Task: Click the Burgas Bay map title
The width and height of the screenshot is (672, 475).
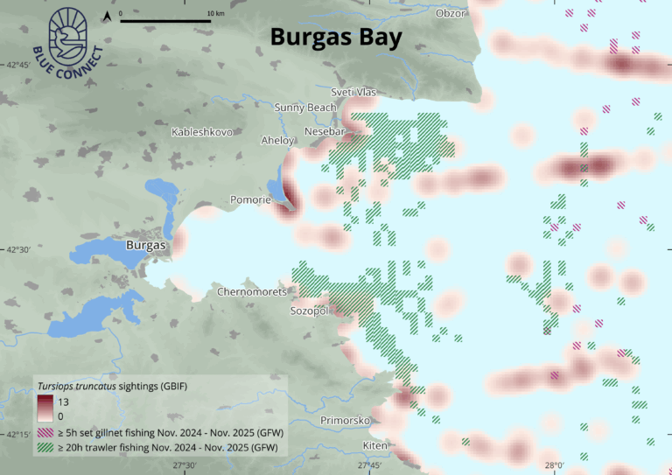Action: [x=335, y=38]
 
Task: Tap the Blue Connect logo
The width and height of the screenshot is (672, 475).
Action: [x=66, y=39]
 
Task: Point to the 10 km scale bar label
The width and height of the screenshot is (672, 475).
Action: [x=215, y=14]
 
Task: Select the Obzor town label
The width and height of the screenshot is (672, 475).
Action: [x=452, y=13]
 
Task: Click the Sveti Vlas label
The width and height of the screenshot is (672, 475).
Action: [x=353, y=92]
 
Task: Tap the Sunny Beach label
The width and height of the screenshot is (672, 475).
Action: [x=304, y=108]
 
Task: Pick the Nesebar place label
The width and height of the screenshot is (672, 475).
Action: [x=325, y=131]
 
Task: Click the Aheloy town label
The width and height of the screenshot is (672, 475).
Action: [x=279, y=140]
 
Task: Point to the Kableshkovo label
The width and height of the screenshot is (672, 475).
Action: [x=202, y=132]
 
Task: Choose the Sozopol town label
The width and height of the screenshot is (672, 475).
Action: [x=309, y=311]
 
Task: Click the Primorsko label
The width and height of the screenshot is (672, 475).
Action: [x=346, y=421]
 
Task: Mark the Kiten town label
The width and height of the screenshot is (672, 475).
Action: [x=375, y=446]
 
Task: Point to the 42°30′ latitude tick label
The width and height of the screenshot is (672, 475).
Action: [x=17, y=250]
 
